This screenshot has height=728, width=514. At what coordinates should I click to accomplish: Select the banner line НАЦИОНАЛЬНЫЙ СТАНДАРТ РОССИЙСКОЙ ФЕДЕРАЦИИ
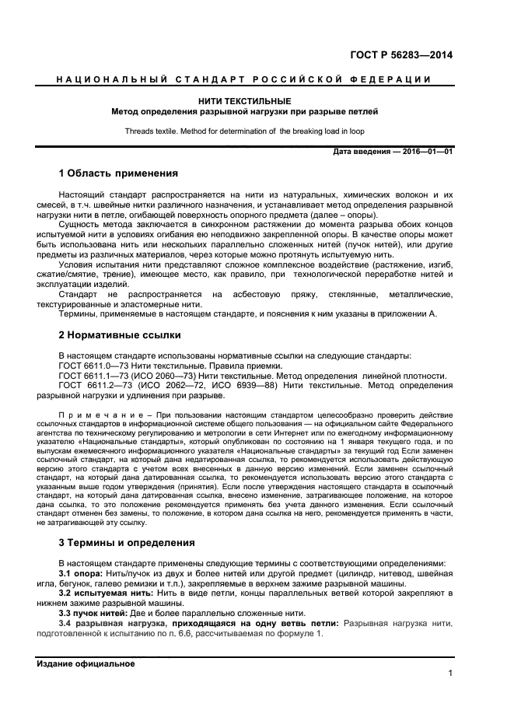(245, 80)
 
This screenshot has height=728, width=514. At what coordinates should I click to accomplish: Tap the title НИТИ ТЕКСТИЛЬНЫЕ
(245, 101)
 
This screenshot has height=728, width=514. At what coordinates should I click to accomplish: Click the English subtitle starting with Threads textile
(245, 131)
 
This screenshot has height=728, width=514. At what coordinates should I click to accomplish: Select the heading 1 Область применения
(118, 173)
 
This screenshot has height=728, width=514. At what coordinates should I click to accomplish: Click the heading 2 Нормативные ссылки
(120, 335)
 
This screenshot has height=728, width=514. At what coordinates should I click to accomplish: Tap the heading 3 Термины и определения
(128, 542)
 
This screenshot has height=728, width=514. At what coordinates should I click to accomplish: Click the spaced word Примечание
(95, 415)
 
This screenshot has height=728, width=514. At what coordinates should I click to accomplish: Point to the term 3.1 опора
(86, 572)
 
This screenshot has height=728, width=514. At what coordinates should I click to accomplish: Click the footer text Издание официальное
(86, 663)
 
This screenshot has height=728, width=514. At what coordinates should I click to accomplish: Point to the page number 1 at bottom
(450, 674)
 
